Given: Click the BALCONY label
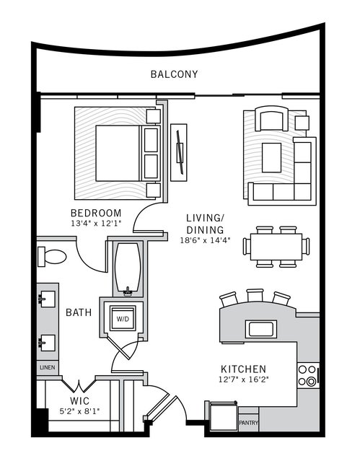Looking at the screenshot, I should (174, 74).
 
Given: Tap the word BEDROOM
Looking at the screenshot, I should (95, 213).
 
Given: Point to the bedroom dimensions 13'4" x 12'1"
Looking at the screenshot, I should (95, 224).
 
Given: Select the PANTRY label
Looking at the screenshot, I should (248, 423).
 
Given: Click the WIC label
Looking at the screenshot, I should (79, 400).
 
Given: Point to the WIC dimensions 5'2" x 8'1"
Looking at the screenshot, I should (79, 411).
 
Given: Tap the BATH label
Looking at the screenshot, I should (78, 312).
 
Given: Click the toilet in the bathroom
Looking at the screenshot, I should (54, 256).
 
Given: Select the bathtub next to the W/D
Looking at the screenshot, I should (128, 268).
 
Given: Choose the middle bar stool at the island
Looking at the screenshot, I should (255, 296).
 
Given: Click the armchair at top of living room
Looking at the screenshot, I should (273, 119).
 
